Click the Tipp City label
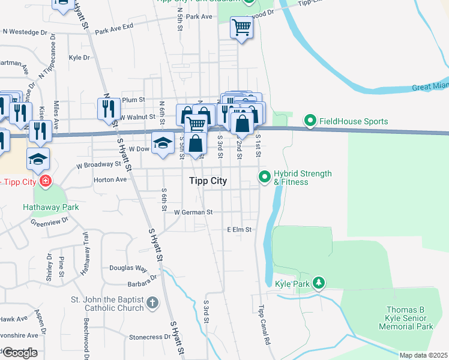click(x=208, y=181)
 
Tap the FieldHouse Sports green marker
click(x=310, y=121)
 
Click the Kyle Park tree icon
click(x=319, y=282)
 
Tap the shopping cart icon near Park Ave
click(x=241, y=27)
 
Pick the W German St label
click(x=193, y=212)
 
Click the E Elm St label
click(x=238, y=229)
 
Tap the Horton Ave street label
click(x=110, y=179)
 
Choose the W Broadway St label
click(x=98, y=164)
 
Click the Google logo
click(x=19, y=353)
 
